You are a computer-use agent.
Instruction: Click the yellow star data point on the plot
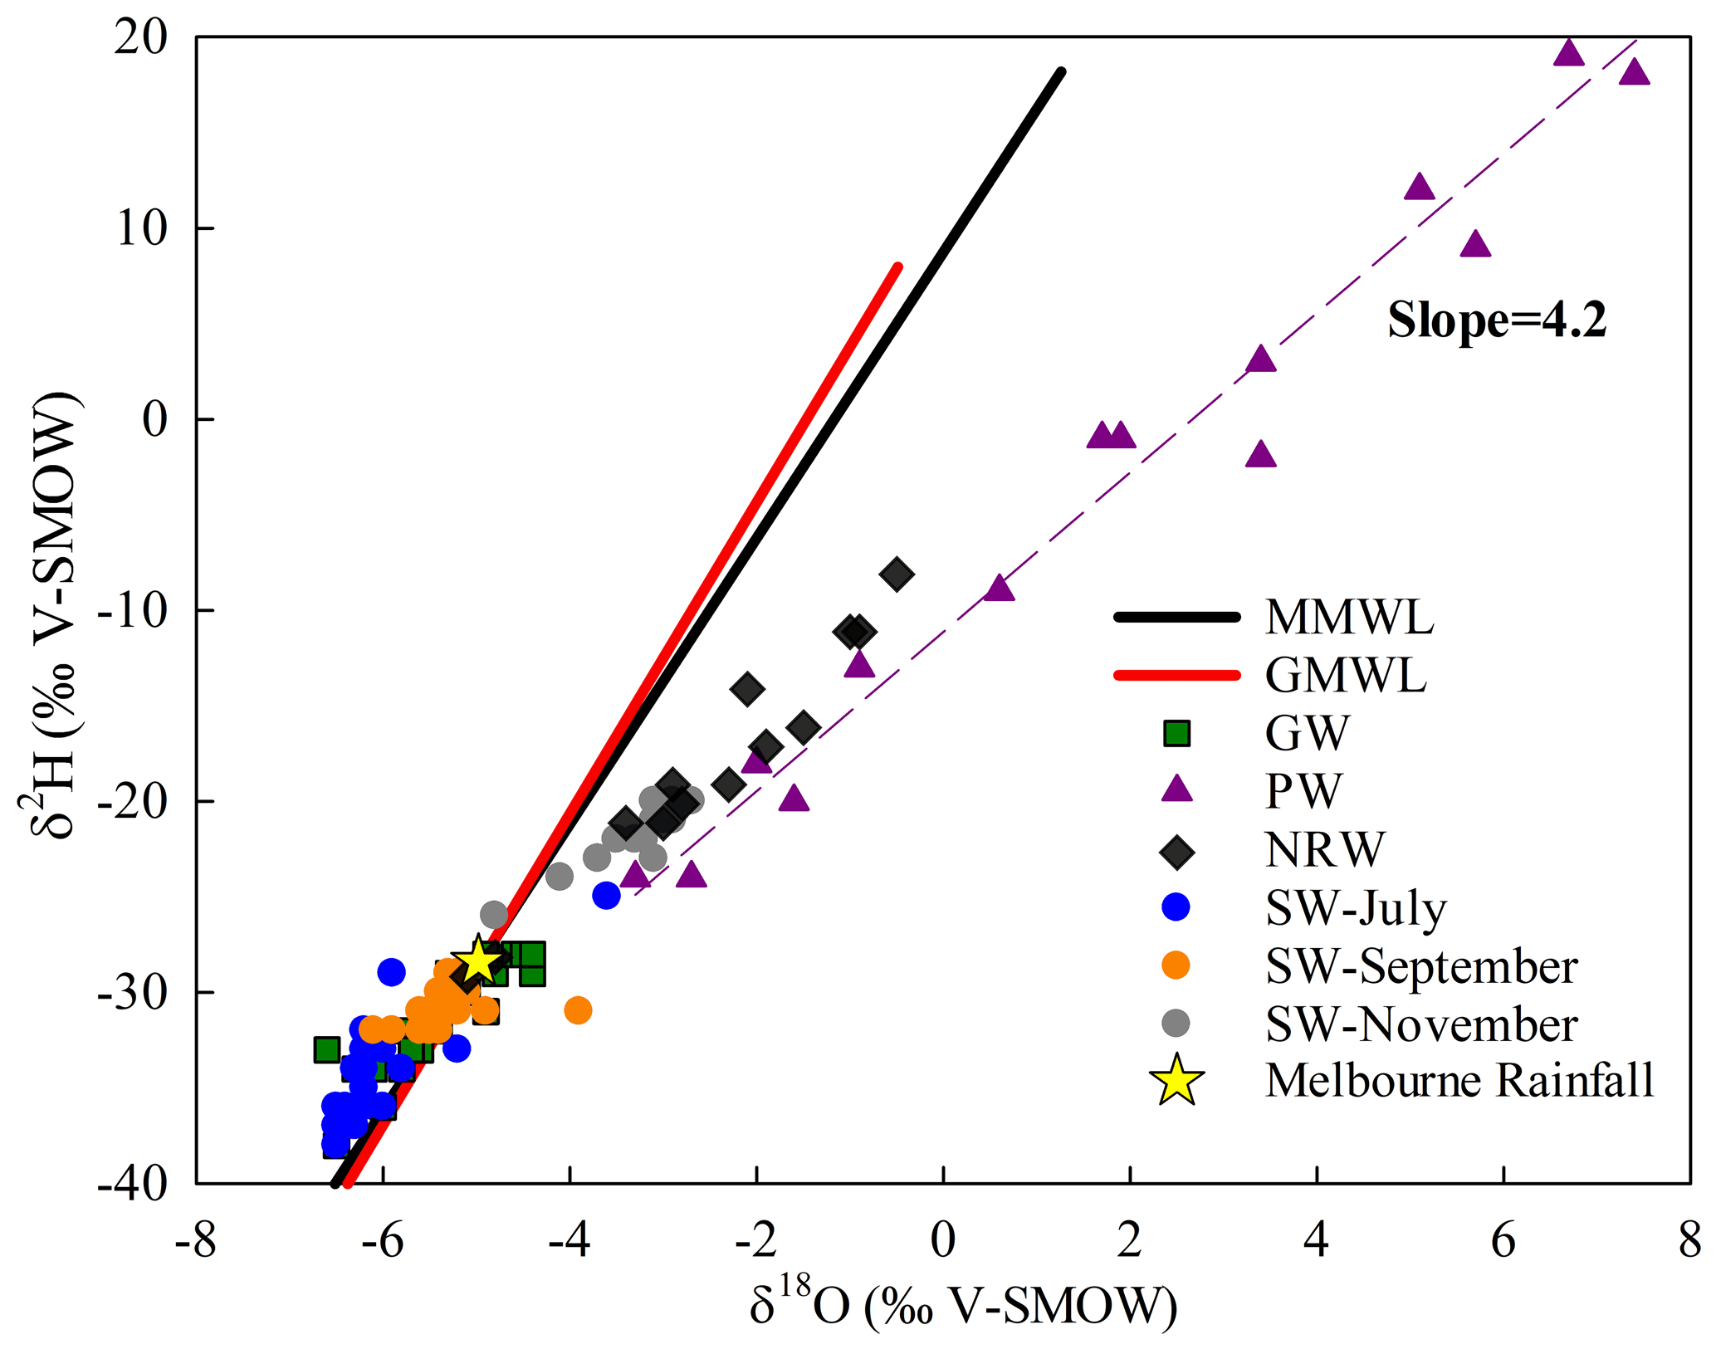477,960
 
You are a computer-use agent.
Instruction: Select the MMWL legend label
1349,618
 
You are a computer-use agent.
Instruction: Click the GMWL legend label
1345,675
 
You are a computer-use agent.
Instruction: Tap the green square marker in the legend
1176,733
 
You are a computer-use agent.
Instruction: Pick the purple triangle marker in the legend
1176,789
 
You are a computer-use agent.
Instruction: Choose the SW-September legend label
1420,966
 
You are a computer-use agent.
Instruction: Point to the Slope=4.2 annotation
1497,320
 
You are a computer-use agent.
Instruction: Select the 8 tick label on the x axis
1689,1241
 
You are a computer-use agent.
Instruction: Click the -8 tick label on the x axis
196,1241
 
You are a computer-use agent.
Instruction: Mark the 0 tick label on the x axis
943,1241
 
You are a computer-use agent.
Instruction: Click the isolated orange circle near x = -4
578,1010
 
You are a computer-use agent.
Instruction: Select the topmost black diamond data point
897,574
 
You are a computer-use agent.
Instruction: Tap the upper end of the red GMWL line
897,267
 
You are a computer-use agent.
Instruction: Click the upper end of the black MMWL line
1060,72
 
